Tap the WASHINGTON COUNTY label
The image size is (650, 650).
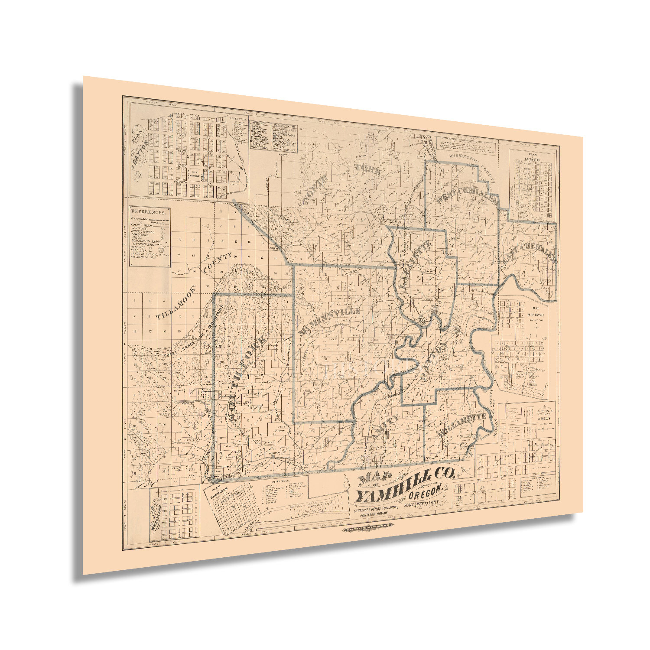470,162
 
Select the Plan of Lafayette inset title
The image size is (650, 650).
532,156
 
